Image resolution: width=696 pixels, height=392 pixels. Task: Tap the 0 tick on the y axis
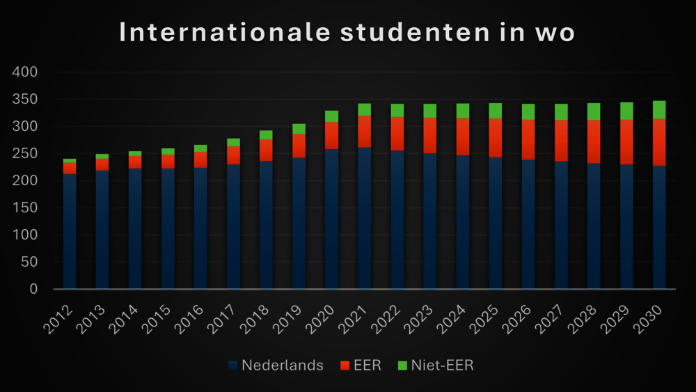[x=33, y=289]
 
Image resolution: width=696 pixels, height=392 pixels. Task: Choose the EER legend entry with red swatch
[x=361, y=366]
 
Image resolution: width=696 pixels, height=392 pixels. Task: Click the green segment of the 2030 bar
[x=659, y=110]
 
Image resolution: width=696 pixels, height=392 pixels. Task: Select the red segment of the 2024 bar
[x=463, y=136]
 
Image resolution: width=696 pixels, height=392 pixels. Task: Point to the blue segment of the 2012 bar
[x=70, y=230]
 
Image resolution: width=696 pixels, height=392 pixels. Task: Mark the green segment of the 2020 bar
[x=331, y=116]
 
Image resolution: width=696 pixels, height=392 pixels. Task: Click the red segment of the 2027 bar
[x=561, y=141]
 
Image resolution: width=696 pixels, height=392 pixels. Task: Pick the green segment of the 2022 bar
[x=397, y=110]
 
